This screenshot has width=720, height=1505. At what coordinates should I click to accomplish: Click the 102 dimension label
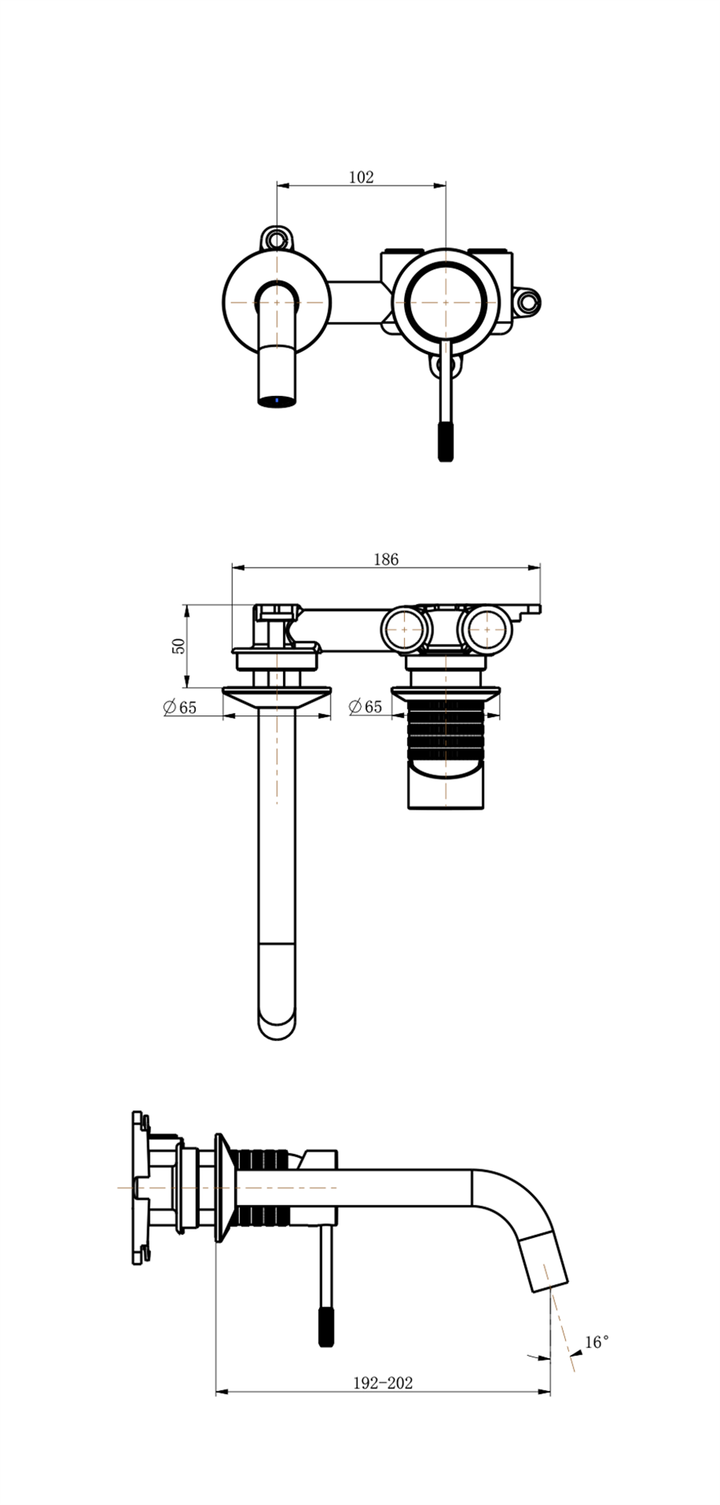click(361, 177)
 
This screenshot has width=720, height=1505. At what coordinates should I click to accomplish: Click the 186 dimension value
click(386, 559)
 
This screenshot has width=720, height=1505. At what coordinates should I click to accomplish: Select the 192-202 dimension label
click(383, 1383)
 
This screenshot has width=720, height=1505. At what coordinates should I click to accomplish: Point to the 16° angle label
click(598, 1342)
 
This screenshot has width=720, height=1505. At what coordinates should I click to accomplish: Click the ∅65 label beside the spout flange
click(180, 707)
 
